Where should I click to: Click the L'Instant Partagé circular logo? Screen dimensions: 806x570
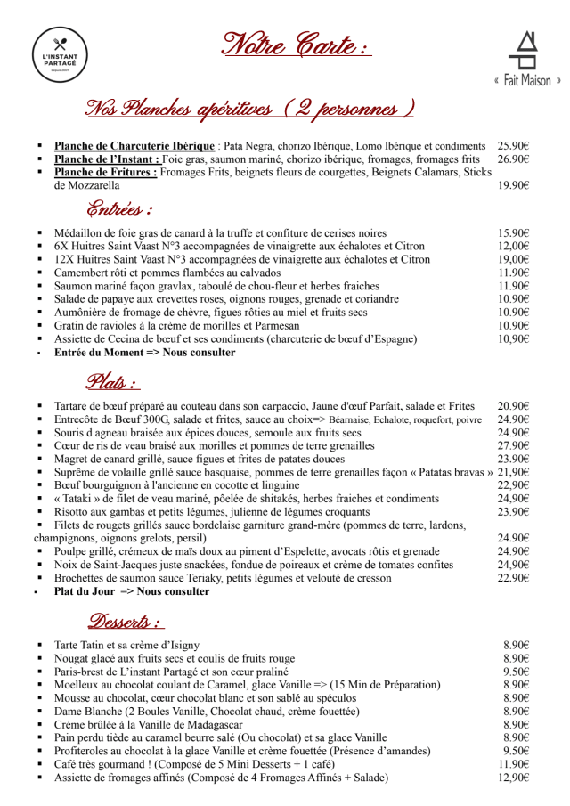60,55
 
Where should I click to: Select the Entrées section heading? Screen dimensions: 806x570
121,210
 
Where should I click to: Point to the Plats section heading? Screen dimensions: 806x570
112,383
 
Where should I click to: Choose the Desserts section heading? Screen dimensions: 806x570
126,622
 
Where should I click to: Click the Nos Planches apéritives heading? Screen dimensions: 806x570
250,109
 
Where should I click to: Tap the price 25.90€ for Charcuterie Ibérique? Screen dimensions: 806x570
513,146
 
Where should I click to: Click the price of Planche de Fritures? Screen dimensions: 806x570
513,186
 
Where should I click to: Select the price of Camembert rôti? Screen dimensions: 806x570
513,273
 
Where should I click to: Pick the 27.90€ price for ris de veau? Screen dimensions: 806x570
513,445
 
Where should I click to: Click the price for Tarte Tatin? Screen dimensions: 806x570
516,645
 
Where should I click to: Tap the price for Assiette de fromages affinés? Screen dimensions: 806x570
513,778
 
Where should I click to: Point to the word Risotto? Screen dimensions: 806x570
74,512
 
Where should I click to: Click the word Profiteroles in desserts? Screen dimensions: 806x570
85,751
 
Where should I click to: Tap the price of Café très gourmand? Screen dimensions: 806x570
513,764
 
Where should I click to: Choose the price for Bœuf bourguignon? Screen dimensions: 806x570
513,485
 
